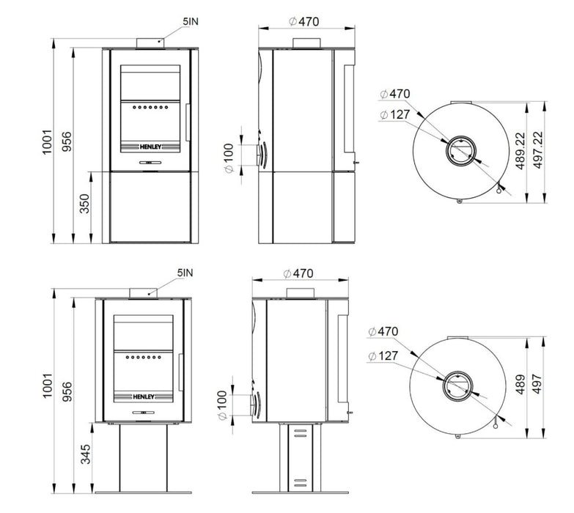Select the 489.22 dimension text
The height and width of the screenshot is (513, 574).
coord(520,152)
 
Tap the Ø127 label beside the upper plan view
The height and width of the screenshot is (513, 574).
coord(396,114)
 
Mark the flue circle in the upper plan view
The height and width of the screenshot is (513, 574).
coord(460,153)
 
